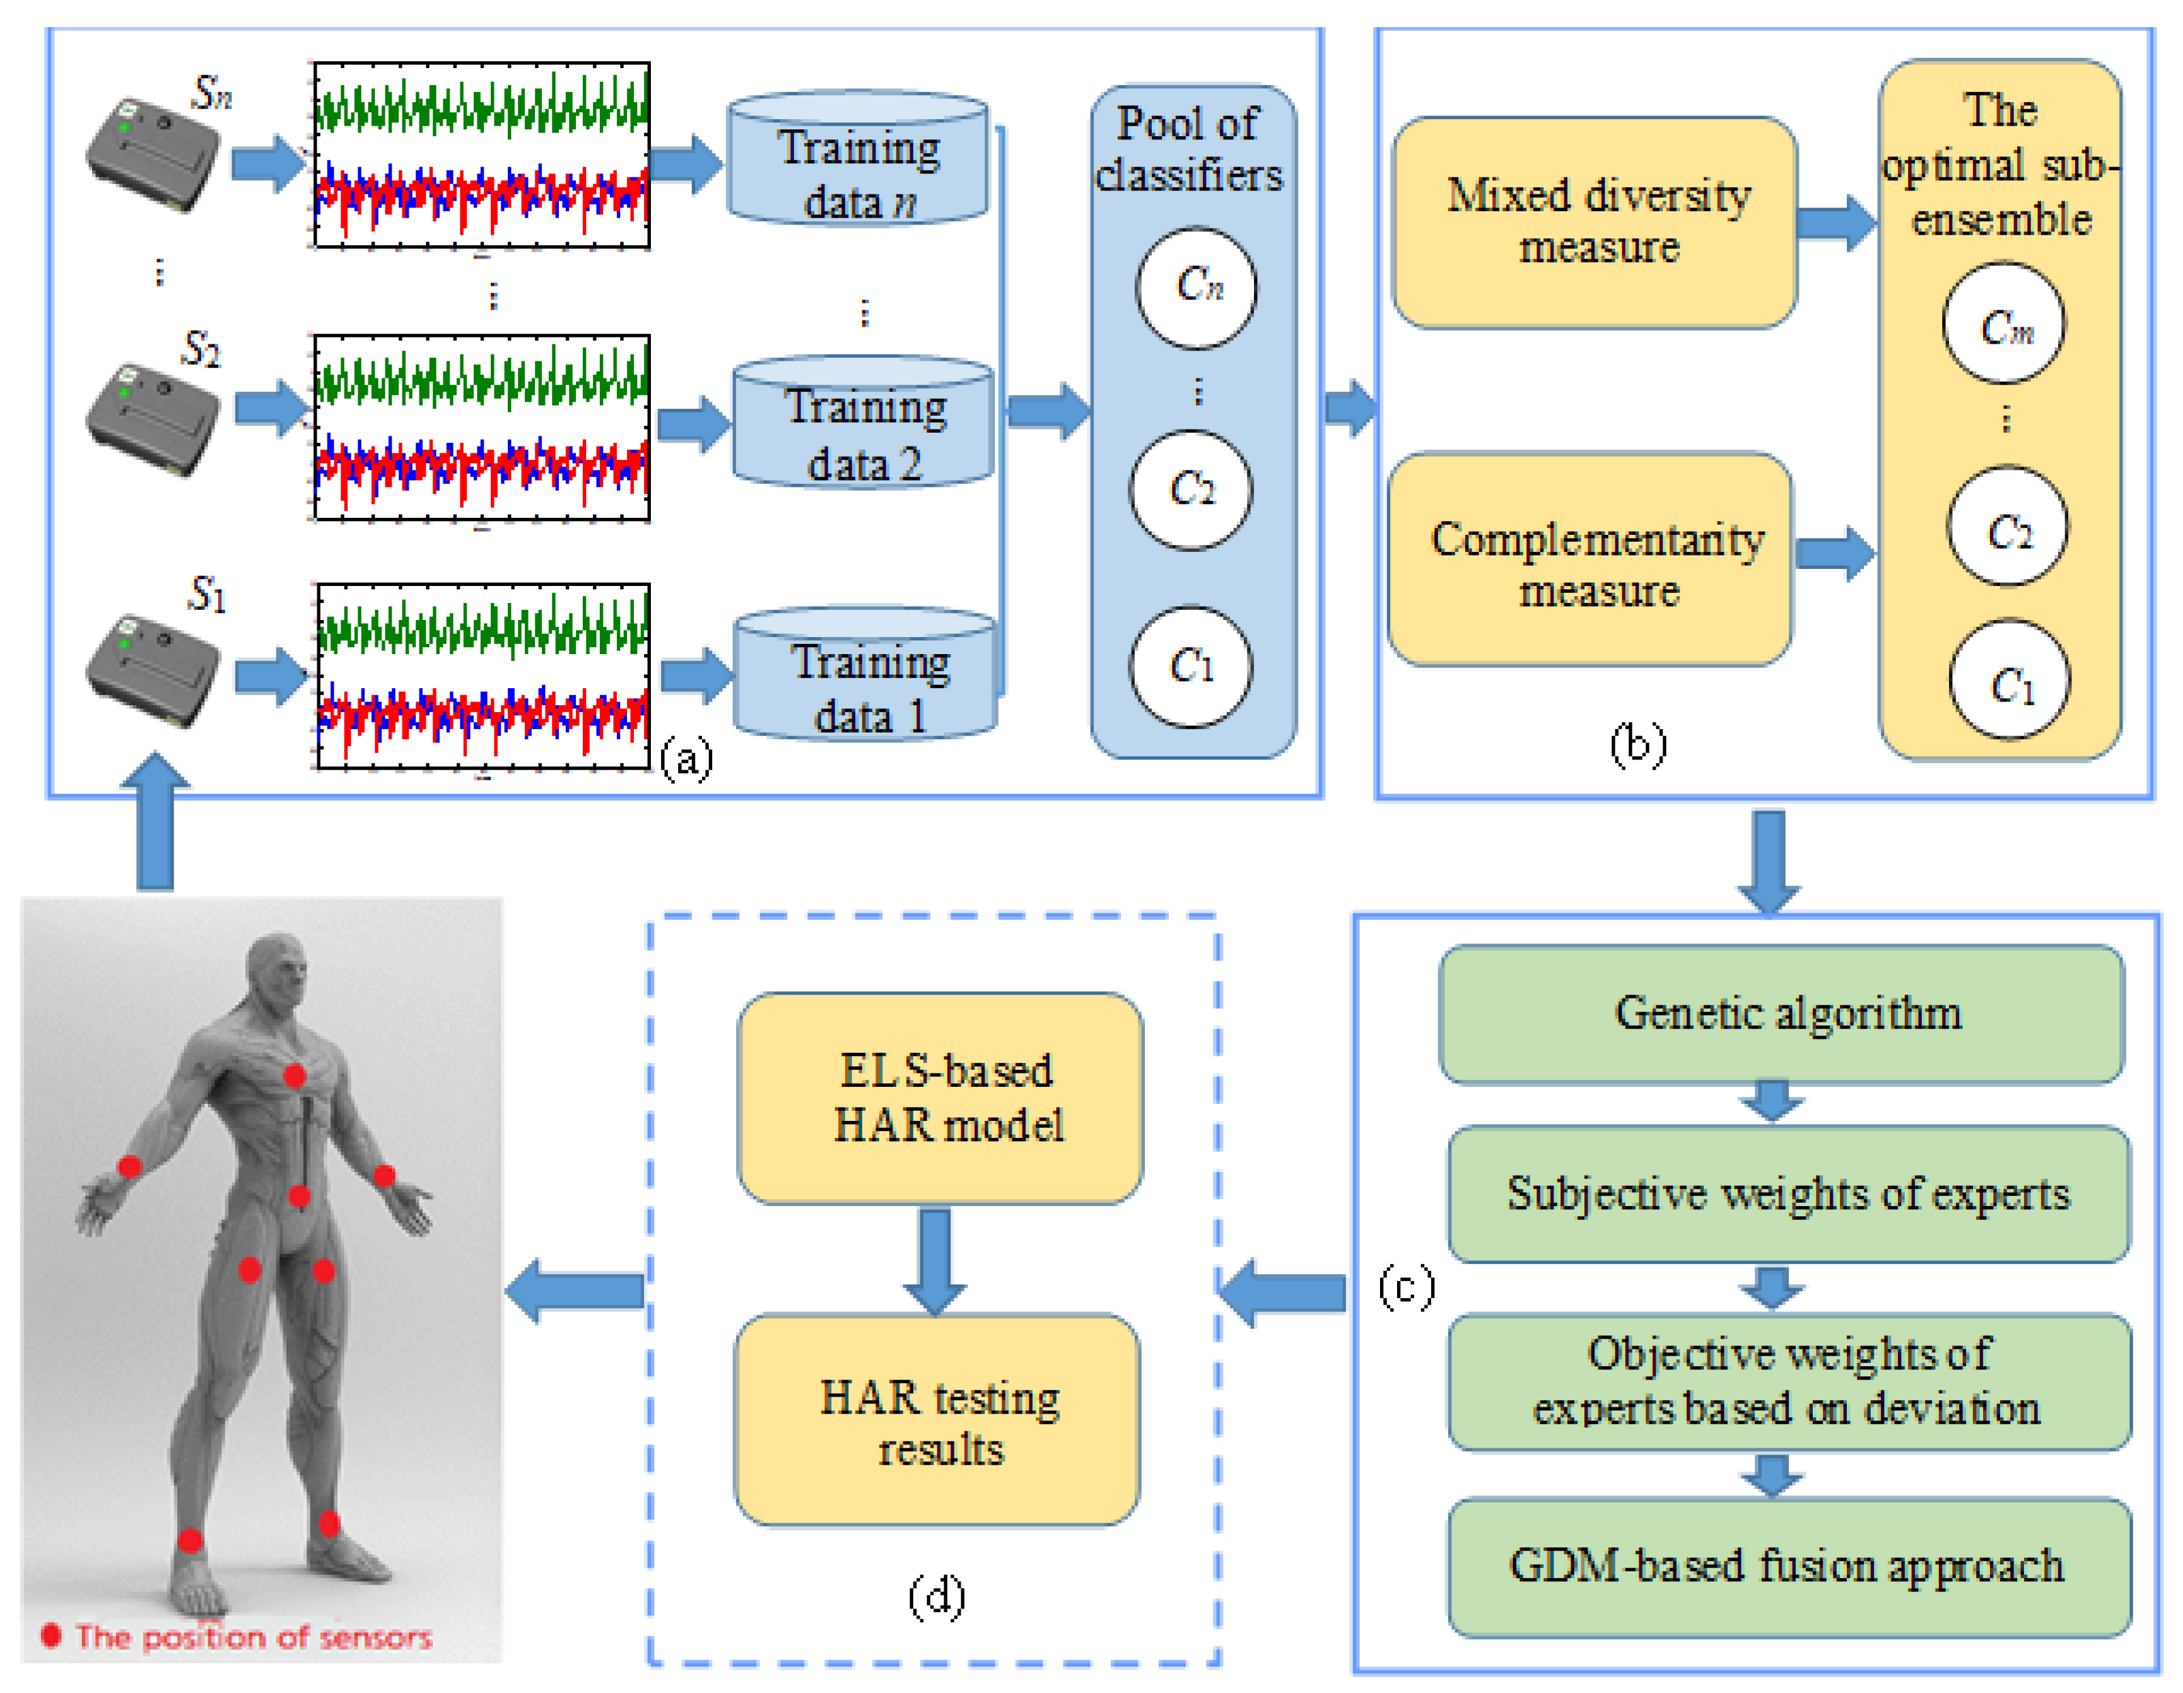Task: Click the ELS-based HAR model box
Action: tap(940, 1098)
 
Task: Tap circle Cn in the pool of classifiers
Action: tap(1197, 287)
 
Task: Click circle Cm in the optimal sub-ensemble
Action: tap(2004, 324)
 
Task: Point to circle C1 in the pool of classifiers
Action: tap(1190, 667)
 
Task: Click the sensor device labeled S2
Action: tap(153, 419)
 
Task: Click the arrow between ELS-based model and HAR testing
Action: tap(935, 1259)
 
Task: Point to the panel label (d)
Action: tap(937, 1596)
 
